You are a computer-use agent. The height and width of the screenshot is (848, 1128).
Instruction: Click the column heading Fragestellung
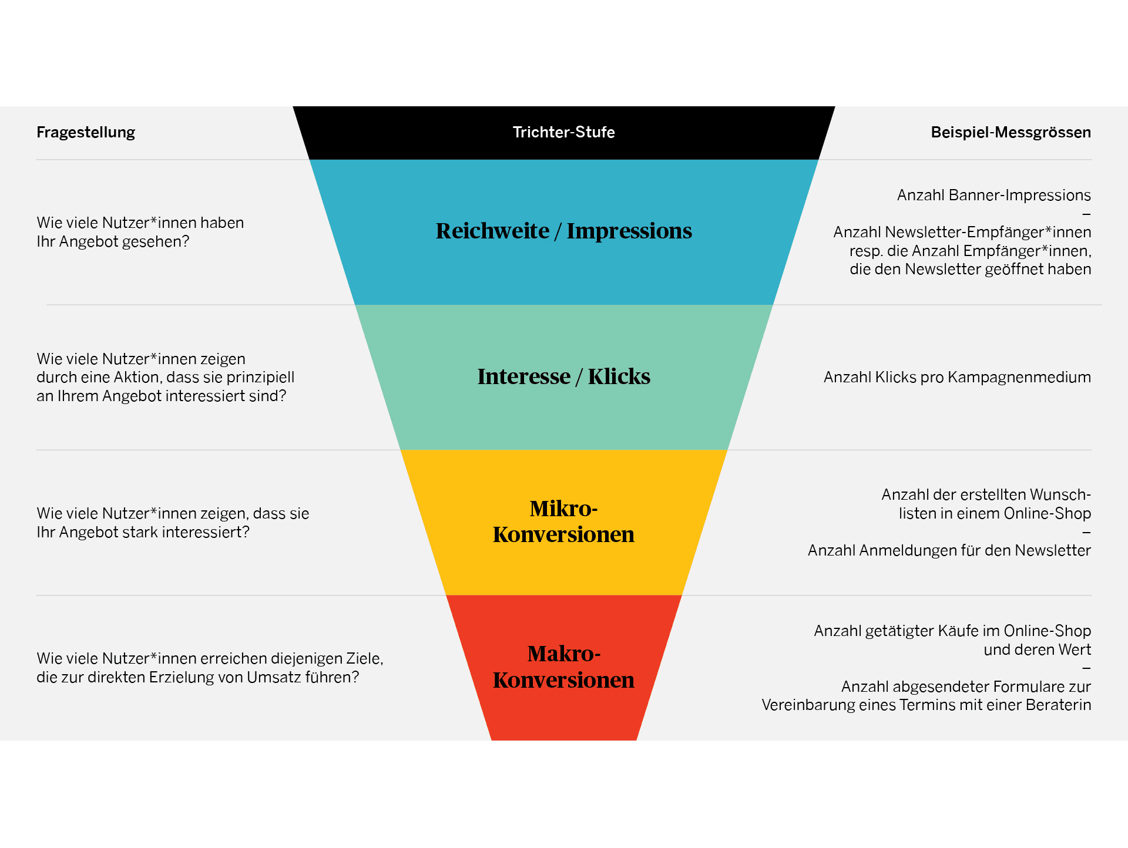tap(86, 133)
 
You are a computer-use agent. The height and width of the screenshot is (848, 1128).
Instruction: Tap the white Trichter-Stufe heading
tap(563, 133)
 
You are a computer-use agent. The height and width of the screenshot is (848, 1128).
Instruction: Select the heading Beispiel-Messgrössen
tap(1010, 133)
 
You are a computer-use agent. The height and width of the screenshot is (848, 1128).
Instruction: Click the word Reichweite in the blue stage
tap(492, 231)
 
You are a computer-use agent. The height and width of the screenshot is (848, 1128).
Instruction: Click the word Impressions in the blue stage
tap(629, 231)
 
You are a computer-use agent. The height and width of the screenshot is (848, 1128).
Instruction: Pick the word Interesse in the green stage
tap(523, 377)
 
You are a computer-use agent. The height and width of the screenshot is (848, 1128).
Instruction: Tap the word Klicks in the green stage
tap(619, 377)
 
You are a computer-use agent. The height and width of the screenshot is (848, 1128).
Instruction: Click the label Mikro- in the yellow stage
tap(563, 509)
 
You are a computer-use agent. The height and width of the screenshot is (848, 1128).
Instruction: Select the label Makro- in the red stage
tap(563, 654)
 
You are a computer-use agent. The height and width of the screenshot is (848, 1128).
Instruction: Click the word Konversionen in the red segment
tap(563, 681)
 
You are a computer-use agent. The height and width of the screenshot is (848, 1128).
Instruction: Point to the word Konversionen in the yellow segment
tap(563, 535)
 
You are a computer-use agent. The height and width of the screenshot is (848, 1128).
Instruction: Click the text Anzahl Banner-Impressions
tap(993, 196)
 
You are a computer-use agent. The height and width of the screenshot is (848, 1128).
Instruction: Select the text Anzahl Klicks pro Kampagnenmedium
tap(957, 378)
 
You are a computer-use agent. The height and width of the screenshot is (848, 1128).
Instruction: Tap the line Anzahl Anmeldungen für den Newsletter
tap(949, 551)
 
